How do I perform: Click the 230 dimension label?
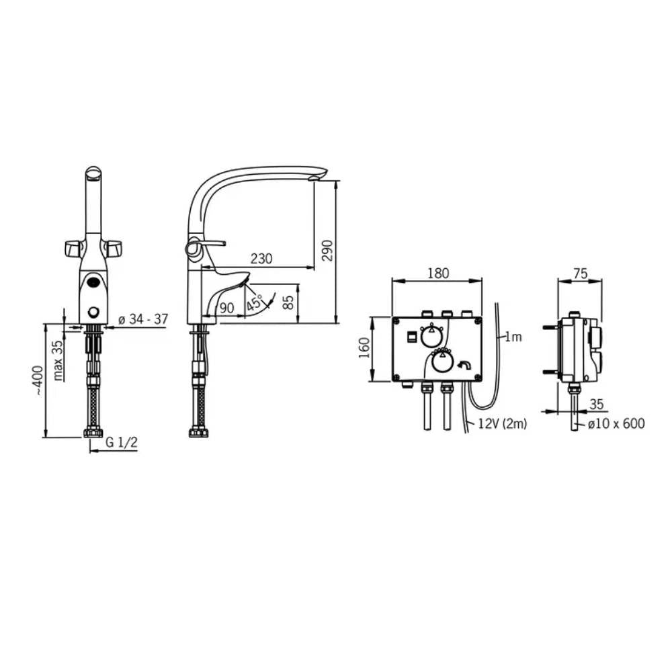point(261,259)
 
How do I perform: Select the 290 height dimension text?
point(327,250)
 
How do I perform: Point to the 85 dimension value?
point(289,302)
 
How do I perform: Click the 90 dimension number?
point(226,308)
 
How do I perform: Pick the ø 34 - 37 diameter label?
point(142,319)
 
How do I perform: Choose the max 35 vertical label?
point(58,360)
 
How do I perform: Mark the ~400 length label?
point(38,380)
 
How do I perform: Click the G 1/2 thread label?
point(122,442)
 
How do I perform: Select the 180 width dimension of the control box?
point(438,273)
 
